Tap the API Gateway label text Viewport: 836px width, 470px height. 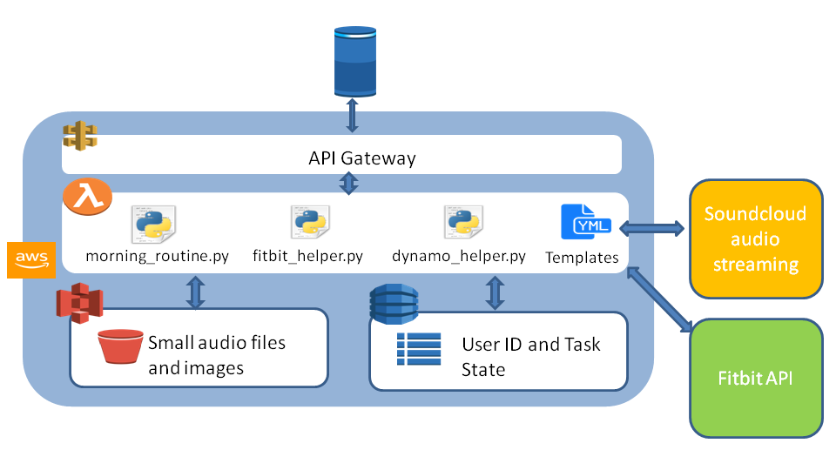(x=362, y=158)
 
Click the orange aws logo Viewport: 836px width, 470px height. (x=30, y=260)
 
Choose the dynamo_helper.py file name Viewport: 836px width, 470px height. (x=459, y=257)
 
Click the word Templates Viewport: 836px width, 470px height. (x=582, y=258)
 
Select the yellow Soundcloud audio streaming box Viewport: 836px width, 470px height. (x=755, y=238)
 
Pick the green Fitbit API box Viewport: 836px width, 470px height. (x=755, y=379)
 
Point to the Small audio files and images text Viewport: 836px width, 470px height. (x=217, y=355)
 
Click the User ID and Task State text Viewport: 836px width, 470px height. (x=530, y=357)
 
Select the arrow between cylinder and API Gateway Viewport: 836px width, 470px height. (x=352, y=116)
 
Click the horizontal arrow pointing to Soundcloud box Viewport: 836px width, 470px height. (x=657, y=229)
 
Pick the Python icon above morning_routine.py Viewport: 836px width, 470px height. (x=153, y=224)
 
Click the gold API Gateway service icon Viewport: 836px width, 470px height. (x=79, y=136)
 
